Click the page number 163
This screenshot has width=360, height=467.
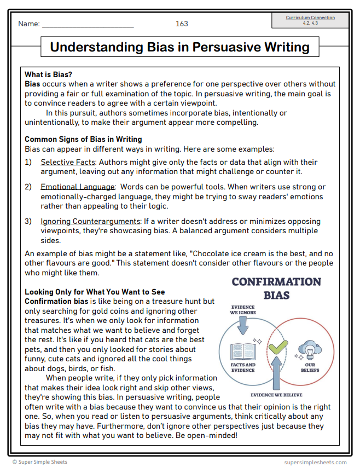pyautogui.click(x=182, y=24)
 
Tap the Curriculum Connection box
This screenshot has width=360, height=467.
pyautogui.click(x=310, y=20)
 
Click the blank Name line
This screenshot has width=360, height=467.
pyautogui.click(x=88, y=25)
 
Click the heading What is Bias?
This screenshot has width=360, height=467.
pyautogui.click(x=48, y=74)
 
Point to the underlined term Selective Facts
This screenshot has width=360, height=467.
pyautogui.click(x=68, y=162)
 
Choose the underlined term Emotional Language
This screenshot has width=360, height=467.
pyautogui.click(x=78, y=187)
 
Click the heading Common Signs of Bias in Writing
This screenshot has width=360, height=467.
pyautogui.click(x=83, y=139)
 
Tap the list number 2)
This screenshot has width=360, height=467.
pyautogui.click(x=28, y=187)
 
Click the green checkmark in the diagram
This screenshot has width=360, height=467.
pyautogui.click(x=278, y=346)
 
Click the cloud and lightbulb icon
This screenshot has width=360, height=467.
pyautogui.click(x=307, y=349)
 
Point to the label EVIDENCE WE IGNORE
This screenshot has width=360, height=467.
pyautogui.click(x=242, y=310)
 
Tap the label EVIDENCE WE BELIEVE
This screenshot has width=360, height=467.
pyautogui.click(x=276, y=394)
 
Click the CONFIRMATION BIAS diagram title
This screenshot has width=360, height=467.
pyautogui.click(x=276, y=289)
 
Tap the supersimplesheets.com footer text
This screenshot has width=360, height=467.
pyautogui.click(x=315, y=462)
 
